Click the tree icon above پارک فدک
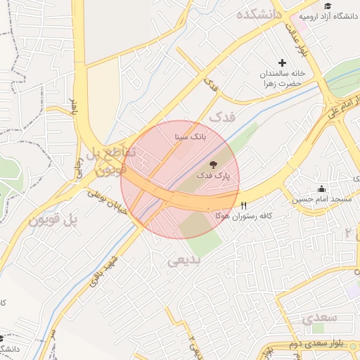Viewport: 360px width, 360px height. click(x=214, y=164)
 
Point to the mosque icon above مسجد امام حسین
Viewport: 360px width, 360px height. click(x=321, y=188)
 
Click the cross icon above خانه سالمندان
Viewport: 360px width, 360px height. click(x=283, y=63)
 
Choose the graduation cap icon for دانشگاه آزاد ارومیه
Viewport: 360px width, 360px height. click(x=327, y=6)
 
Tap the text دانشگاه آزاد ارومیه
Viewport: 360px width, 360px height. click(x=328, y=16)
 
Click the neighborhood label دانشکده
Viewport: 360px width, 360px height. click(x=259, y=14)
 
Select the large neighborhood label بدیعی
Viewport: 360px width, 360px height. click(x=184, y=261)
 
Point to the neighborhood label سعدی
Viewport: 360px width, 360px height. click(x=320, y=318)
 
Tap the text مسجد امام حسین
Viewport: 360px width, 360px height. click(x=322, y=200)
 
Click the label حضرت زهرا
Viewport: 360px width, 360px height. click(x=281, y=84)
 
